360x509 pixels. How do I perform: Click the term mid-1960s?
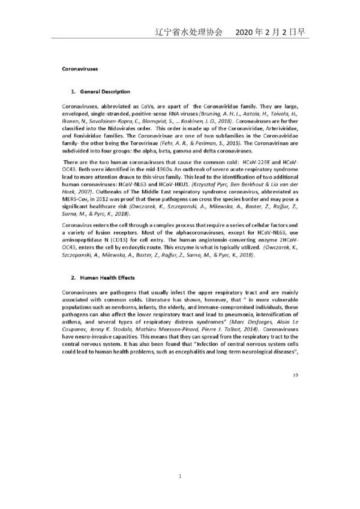[x=163, y=170]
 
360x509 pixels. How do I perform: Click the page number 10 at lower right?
[x=295, y=375]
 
